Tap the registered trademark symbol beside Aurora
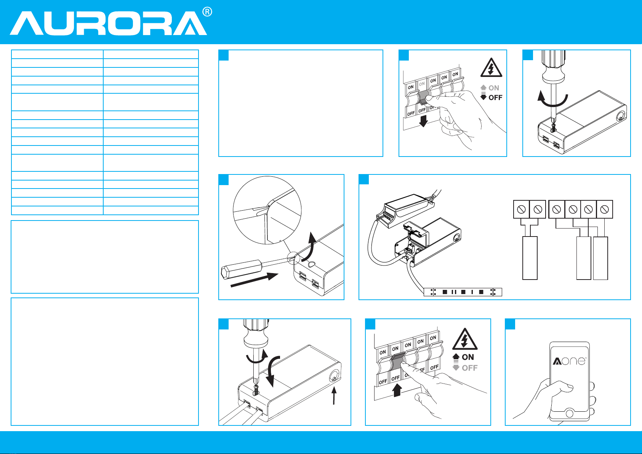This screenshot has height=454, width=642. [x=207, y=12]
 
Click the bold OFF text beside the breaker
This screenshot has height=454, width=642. [x=495, y=98]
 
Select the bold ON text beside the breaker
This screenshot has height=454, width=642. [x=468, y=357]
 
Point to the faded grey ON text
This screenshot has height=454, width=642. [x=494, y=88]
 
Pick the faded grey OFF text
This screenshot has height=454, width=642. [x=469, y=368]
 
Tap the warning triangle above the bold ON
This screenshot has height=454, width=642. [x=464, y=339]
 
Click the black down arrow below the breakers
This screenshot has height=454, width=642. [x=423, y=121]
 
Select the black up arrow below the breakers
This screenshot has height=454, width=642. [x=397, y=390]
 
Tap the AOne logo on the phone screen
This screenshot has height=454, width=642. [x=570, y=361]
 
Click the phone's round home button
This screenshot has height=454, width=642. [x=570, y=413]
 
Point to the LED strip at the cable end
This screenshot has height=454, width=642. [x=463, y=292]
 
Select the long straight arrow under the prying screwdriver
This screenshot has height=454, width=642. [x=255, y=280]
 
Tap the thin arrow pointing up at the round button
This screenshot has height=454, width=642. [x=334, y=395]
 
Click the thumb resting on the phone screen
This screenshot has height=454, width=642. [x=562, y=387]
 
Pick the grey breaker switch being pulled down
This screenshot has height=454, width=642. [x=423, y=98]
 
